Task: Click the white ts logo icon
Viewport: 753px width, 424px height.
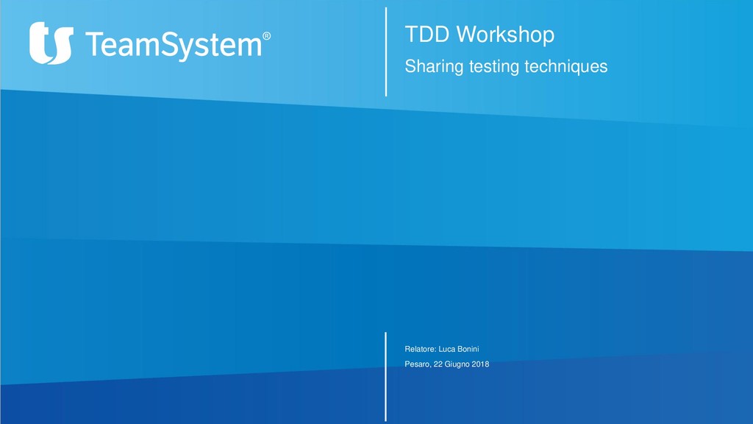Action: tap(51, 43)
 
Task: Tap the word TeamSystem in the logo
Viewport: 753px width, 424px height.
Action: tap(174, 45)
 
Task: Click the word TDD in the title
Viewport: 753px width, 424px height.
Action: tap(427, 34)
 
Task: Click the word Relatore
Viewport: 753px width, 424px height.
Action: tap(420, 348)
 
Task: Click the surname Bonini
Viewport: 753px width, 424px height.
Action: tap(474, 348)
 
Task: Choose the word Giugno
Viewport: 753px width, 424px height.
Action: tap(458, 364)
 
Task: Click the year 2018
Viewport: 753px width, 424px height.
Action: tap(481, 364)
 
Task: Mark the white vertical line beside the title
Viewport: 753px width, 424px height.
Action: tap(386, 52)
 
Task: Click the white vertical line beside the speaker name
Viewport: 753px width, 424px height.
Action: tap(386, 375)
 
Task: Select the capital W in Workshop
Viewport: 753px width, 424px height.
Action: tap(463, 34)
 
